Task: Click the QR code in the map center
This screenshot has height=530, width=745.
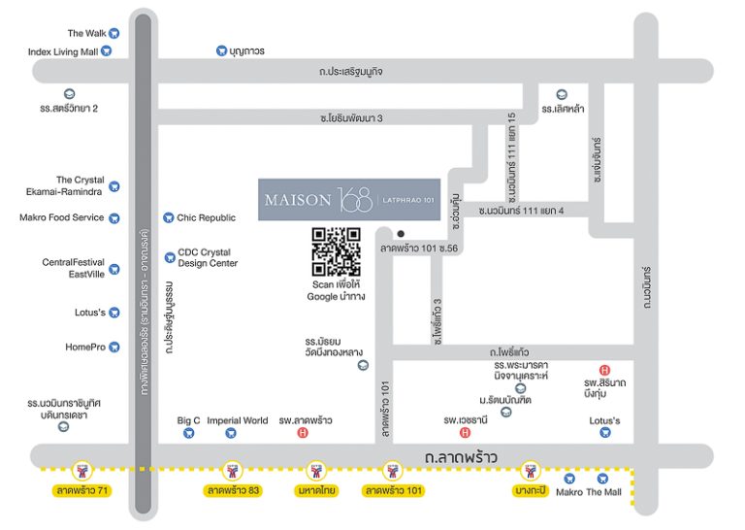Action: coord(336,251)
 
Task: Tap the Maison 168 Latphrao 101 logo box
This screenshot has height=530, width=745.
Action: coord(349,200)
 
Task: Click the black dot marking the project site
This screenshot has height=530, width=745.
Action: coord(401,234)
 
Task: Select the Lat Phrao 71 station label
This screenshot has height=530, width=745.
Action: coord(82,490)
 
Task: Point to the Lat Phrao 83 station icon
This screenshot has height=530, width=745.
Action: coord(233,471)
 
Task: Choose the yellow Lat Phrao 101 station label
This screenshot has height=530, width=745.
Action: coord(394,490)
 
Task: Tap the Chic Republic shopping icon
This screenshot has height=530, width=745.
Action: coord(168,217)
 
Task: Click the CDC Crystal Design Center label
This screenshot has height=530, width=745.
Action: coord(208,257)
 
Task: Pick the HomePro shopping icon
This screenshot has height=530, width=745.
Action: coord(114,347)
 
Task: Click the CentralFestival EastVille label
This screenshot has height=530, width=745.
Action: coord(73,268)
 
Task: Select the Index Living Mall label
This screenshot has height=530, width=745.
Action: coord(63,51)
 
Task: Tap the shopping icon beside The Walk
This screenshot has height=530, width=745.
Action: coord(114,33)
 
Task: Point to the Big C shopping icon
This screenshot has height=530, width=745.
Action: coord(188,433)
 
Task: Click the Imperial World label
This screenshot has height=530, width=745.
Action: coord(237,420)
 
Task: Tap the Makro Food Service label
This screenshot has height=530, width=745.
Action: coord(62,217)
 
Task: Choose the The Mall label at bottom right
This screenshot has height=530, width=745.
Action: coord(604,492)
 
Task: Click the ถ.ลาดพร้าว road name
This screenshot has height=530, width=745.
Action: coord(461,457)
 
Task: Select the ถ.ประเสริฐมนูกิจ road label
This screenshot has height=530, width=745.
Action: coord(350,72)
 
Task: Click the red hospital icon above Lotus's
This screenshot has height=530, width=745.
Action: coord(604,370)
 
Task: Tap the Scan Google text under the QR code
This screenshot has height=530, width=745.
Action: coord(336,290)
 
